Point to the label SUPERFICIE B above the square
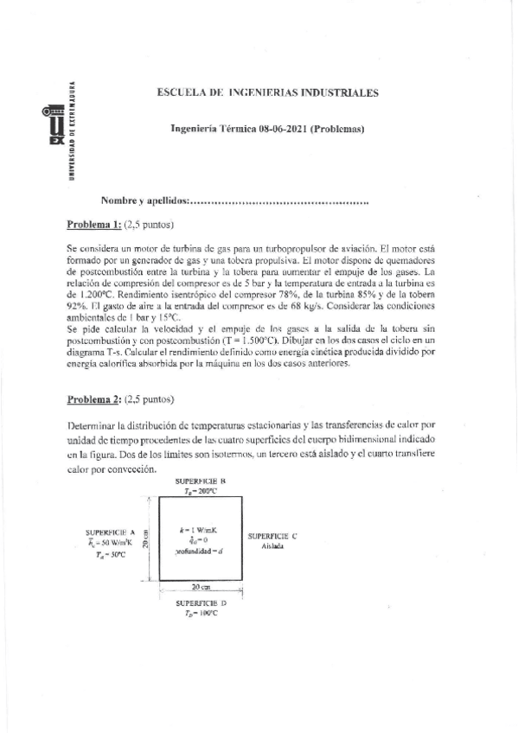pos(200,480)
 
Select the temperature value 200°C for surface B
pos(205,489)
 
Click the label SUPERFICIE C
pos(272,536)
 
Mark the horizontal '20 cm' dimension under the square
pos(201,586)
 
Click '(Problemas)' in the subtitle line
pos(338,130)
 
